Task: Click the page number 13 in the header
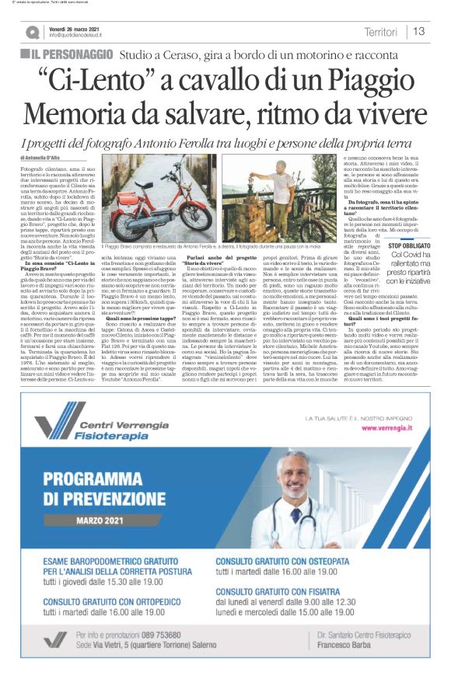(419, 31)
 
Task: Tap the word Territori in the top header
(379, 32)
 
